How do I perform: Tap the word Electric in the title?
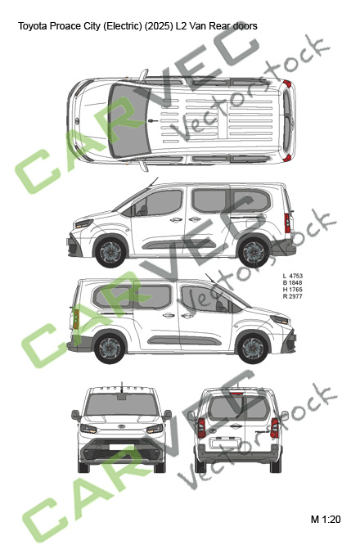(x=122, y=26)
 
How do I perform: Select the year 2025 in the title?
(x=158, y=26)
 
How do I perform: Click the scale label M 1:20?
(x=326, y=520)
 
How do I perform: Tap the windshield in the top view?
(x=128, y=120)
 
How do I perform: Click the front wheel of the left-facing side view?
(x=110, y=253)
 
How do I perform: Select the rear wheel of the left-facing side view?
(x=254, y=253)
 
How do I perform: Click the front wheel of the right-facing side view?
(x=252, y=348)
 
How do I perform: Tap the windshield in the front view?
(x=122, y=404)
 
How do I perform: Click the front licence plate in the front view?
(x=122, y=447)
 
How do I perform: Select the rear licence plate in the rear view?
(x=225, y=443)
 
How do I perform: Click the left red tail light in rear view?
(x=201, y=427)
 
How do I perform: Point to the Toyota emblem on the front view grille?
(x=122, y=427)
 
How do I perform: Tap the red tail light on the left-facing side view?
(x=287, y=223)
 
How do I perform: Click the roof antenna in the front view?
(x=122, y=387)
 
